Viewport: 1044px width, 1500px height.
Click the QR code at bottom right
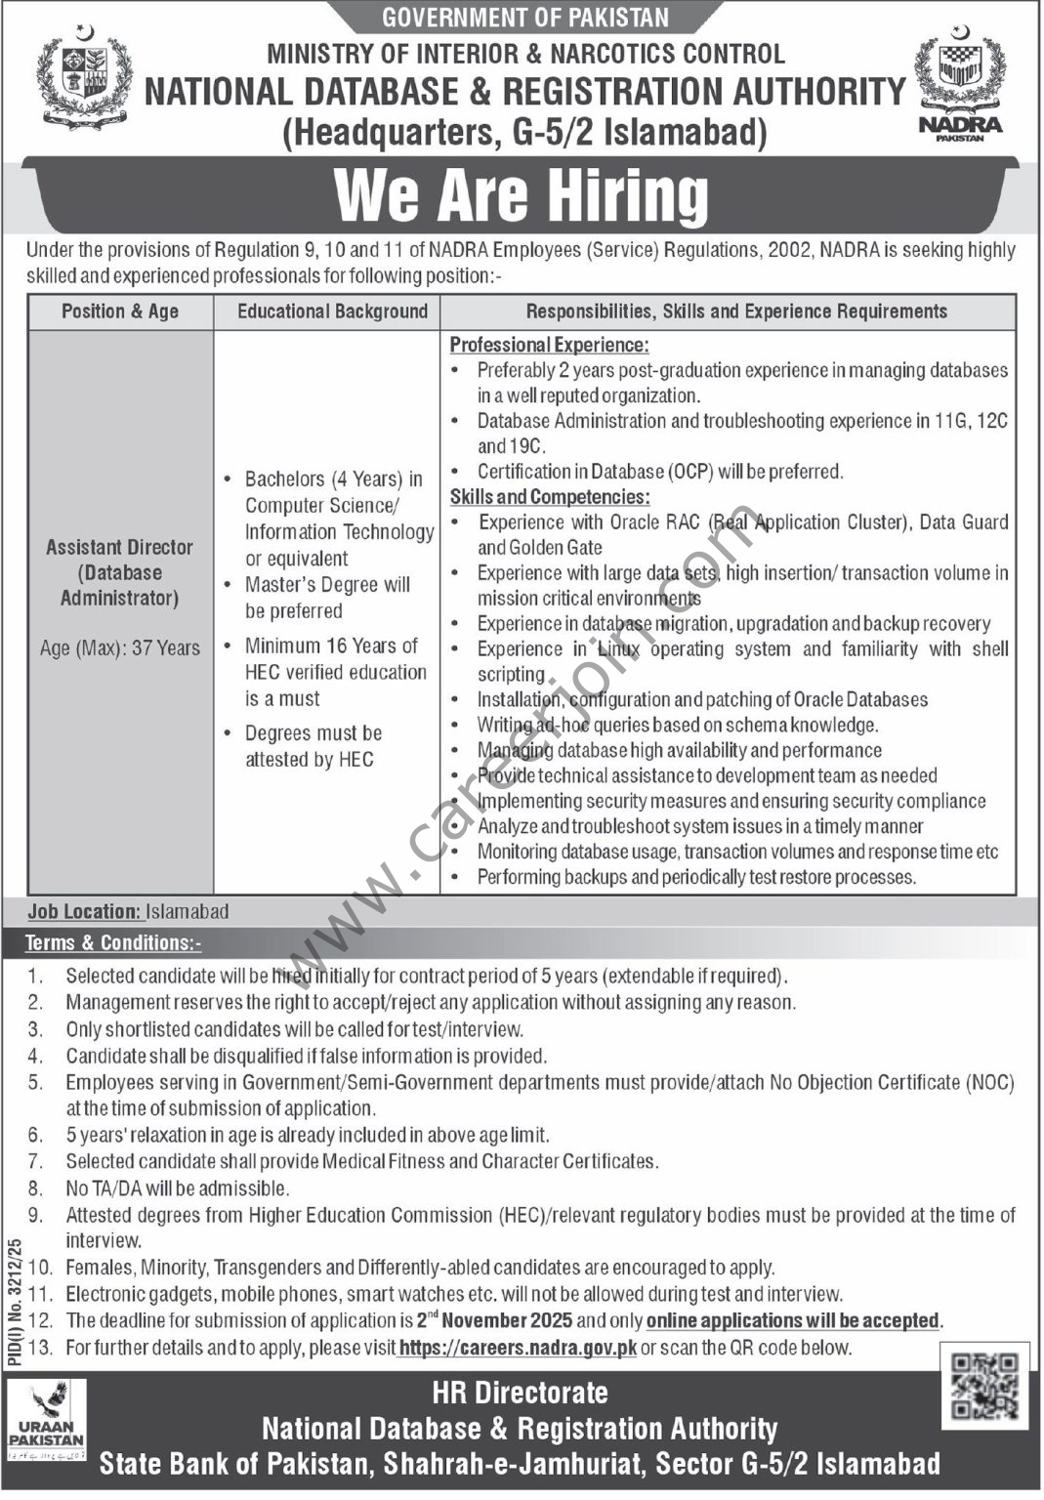[x=984, y=1386]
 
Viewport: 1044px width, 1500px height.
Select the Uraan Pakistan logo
[x=47, y=1420]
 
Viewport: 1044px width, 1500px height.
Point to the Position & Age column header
[x=120, y=312]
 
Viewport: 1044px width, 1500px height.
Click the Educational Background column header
[x=332, y=312]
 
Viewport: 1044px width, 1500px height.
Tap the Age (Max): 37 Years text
[x=120, y=647]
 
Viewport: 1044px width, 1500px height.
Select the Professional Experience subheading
[x=549, y=345]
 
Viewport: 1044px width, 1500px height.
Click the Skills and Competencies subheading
[x=549, y=497]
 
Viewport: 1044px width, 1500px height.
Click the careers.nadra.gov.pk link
[x=518, y=1348]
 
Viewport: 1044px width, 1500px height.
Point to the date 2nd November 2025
[x=494, y=1320]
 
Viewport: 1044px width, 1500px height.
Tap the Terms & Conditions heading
[x=113, y=942]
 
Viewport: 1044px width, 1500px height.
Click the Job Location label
[x=85, y=911]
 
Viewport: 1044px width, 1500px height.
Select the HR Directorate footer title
[x=520, y=1393]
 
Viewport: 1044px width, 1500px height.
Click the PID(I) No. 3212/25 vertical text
[x=14, y=1294]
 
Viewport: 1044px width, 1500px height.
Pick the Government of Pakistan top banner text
[x=525, y=18]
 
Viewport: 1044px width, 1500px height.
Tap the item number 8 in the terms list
[x=36, y=1188]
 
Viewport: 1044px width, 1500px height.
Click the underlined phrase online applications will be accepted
[x=792, y=1320]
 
